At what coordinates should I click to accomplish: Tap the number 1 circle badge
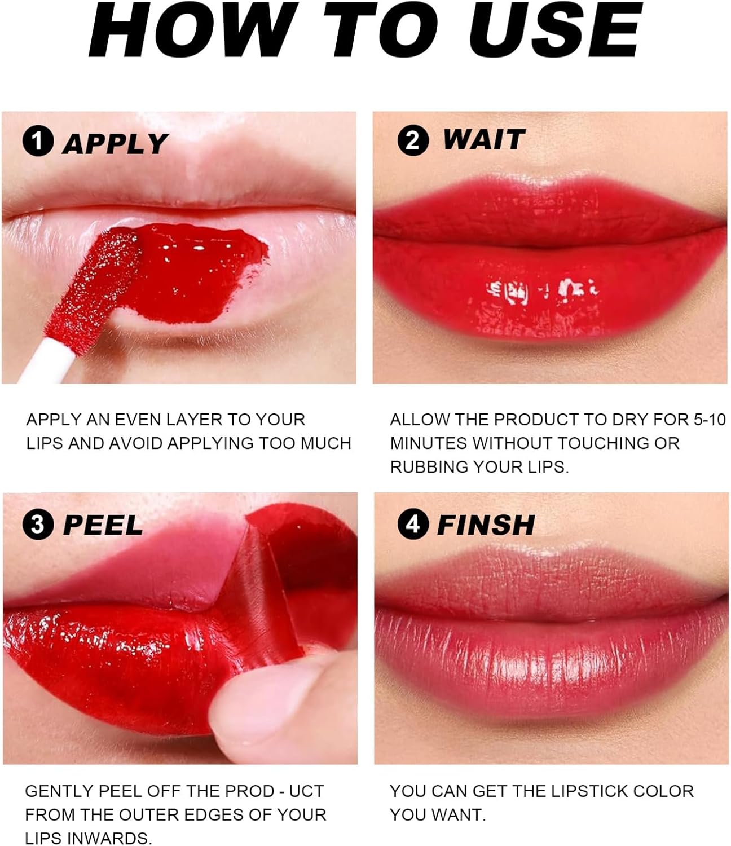[38, 141]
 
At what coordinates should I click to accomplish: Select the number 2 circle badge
[412, 140]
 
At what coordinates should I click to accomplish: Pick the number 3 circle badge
[38, 525]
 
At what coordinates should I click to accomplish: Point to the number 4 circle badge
[412, 524]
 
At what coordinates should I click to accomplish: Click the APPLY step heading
[116, 144]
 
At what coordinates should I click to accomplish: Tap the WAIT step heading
[484, 139]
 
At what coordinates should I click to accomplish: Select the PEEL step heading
[103, 525]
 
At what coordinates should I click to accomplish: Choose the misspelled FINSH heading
[486, 525]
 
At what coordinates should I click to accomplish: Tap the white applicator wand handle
[47, 362]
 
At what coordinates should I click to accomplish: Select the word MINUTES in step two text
[426, 443]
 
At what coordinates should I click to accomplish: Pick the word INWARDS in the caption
[110, 838]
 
